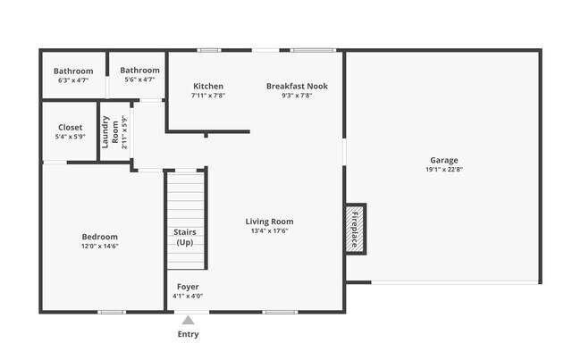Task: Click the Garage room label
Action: point(442,160)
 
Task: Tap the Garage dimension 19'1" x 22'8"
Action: point(442,169)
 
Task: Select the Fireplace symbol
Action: point(355,229)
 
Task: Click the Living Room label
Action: point(269,222)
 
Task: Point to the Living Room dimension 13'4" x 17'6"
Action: point(269,230)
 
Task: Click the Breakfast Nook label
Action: point(297,87)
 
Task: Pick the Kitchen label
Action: point(207,87)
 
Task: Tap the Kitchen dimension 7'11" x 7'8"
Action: point(207,96)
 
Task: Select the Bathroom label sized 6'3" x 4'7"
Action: point(73,71)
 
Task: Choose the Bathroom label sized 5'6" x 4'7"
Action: point(139,71)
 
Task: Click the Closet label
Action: point(71,128)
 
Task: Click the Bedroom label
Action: point(99,237)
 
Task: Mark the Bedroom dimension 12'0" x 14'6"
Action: point(99,246)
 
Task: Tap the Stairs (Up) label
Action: point(184,238)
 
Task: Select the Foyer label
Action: point(188,287)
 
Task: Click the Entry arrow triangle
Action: point(188,319)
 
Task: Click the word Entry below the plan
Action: point(188,335)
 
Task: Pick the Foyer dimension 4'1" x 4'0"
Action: point(188,296)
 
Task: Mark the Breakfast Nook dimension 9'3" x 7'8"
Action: point(297,96)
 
